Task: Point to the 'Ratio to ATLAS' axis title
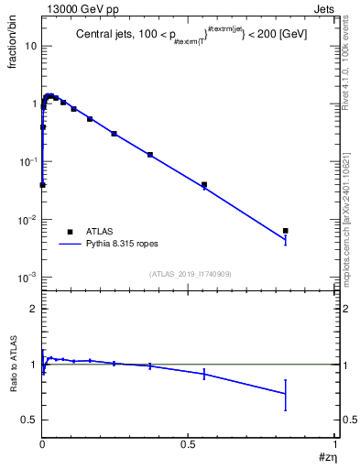click(13, 365)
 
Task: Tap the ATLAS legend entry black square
click(69, 232)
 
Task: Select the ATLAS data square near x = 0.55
click(204, 185)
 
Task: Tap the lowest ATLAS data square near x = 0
click(42, 185)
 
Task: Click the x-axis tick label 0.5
click(188, 442)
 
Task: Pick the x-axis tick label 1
click(335, 442)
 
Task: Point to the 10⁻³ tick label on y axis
click(27, 277)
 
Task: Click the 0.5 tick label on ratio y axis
click(28, 420)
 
